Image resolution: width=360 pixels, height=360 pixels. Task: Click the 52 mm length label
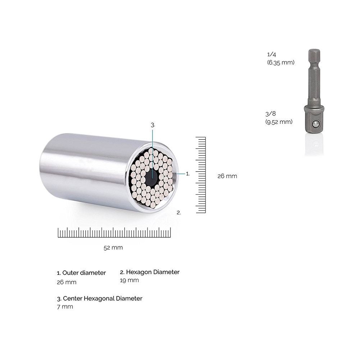(x=113, y=247)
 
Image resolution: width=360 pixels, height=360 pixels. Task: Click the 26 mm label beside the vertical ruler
(x=227, y=176)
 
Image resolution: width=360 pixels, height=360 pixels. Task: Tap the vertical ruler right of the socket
(x=201, y=175)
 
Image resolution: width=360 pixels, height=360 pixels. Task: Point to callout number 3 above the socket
(x=153, y=125)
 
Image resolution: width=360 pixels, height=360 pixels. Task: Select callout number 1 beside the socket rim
(x=188, y=173)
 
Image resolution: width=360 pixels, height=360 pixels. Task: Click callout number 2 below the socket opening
(x=179, y=213)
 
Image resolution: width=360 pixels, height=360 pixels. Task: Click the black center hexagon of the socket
(x=151, y=176)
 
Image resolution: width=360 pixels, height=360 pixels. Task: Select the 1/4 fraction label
(x=272, y=54)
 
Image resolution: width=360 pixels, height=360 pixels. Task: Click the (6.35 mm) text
(x=281, y=62)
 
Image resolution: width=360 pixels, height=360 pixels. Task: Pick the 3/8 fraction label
(x=270, y=114)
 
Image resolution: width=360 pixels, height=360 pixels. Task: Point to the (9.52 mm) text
(x=279, y=122)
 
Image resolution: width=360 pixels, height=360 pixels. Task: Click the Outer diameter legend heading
(x=81, y=273)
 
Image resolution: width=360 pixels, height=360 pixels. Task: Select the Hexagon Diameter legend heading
(x=150, y=272)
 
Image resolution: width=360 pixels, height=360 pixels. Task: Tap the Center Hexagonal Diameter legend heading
(x=100, y=299)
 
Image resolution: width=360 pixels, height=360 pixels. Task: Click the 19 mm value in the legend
(x=129, y=280)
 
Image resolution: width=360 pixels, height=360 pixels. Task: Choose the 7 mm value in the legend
(x=65, y=307)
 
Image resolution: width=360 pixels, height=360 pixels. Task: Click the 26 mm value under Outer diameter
(x=67, y=282)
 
